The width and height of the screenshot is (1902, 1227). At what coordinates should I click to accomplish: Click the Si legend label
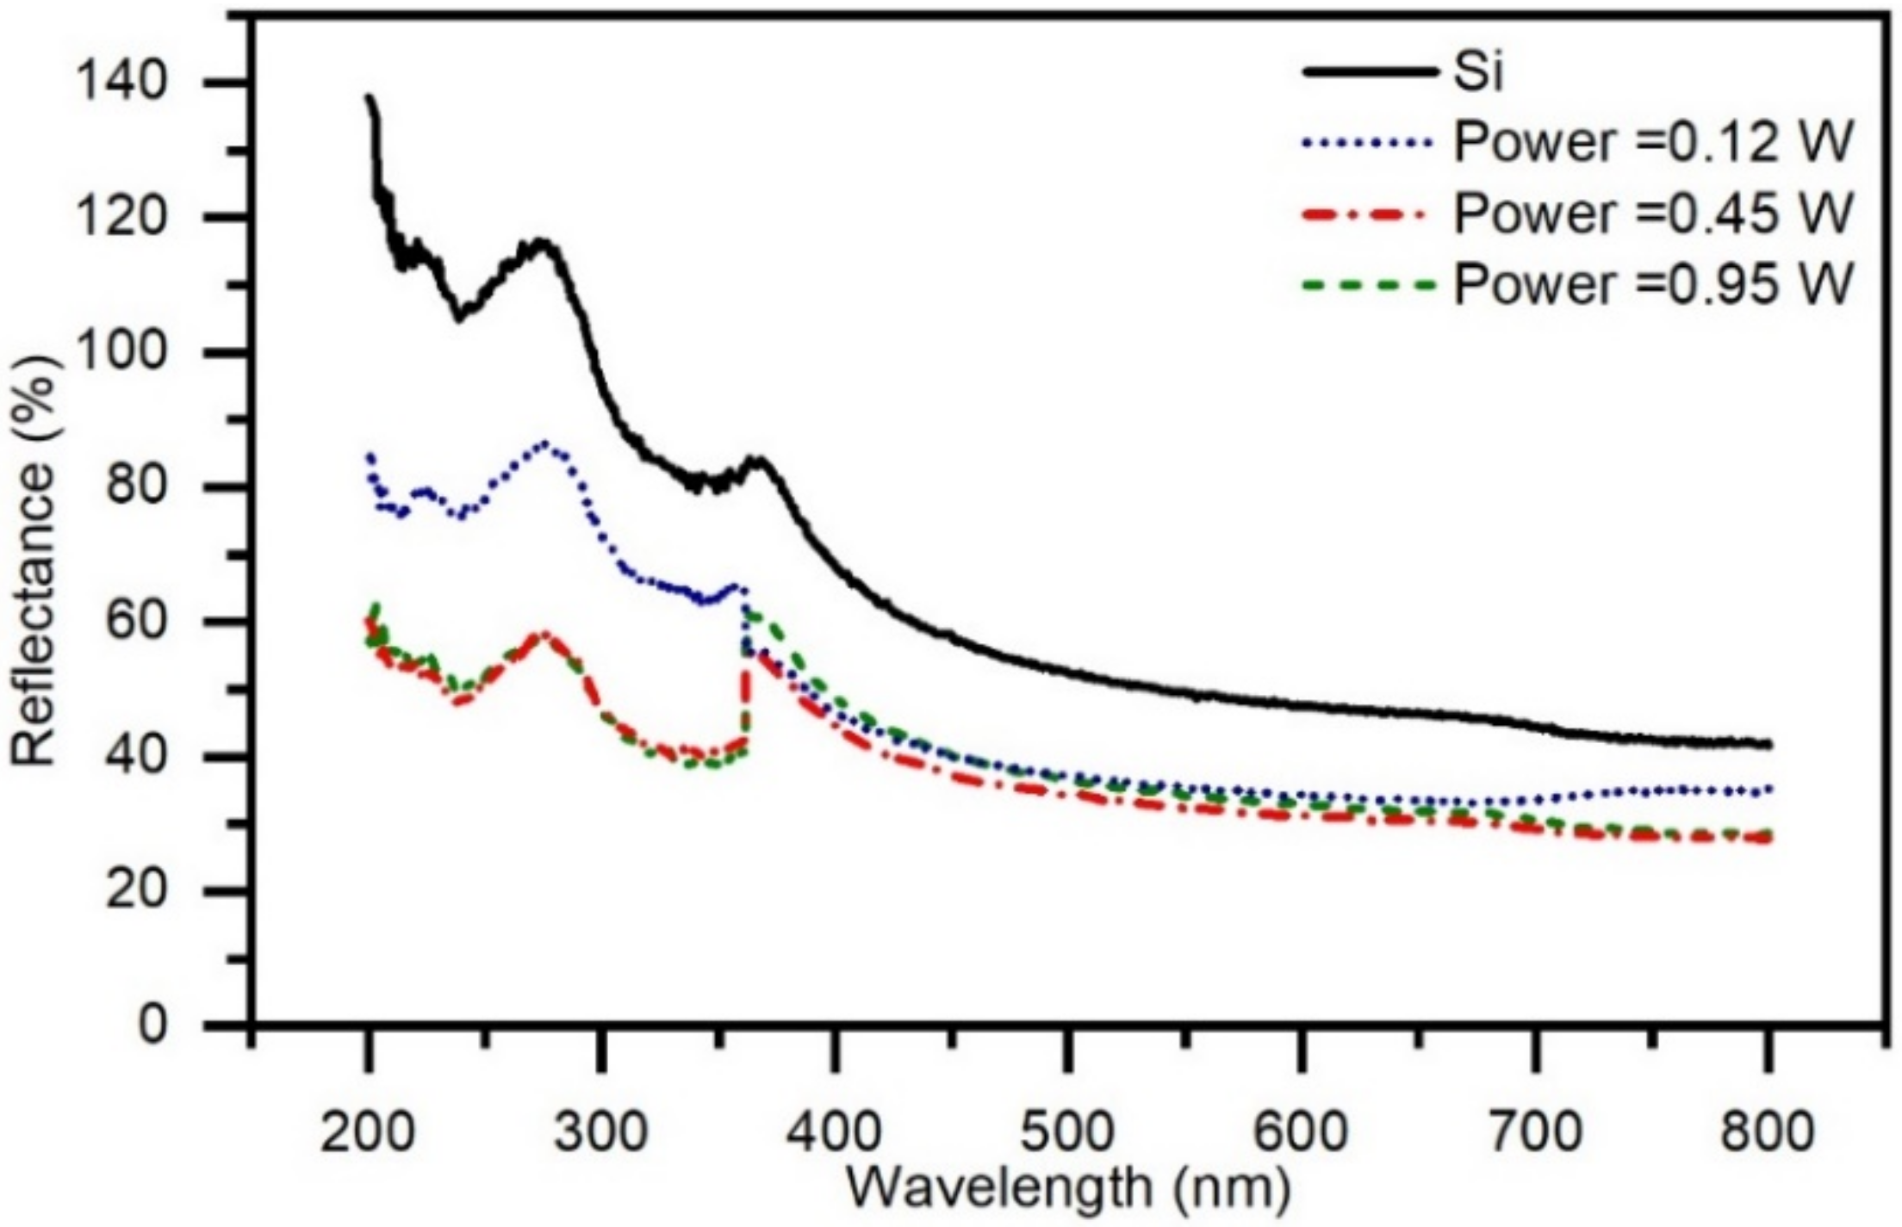[1478, 72]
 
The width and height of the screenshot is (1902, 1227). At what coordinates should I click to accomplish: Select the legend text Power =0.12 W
[1653, 143]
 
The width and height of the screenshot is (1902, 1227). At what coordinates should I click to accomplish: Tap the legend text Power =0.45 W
[1653, 214]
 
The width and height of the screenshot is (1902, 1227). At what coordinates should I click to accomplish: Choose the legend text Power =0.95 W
[1653, 284]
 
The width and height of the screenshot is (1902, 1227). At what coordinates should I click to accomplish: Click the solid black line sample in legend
[1371, 72]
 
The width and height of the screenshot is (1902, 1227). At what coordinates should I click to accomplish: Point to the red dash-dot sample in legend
[1371, 214]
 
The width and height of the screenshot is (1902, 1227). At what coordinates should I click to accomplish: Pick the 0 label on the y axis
[153, 1025]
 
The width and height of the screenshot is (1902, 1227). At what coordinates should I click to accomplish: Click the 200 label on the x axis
[367, 1130]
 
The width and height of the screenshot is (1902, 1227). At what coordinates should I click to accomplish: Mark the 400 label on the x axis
[834, 1130]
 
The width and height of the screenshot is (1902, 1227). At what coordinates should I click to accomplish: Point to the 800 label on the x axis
[1767, 1130]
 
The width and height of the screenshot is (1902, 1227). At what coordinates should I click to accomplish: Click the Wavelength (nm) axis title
[1068, 1188]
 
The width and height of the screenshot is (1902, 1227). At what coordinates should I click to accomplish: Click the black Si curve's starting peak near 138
[370, 97]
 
